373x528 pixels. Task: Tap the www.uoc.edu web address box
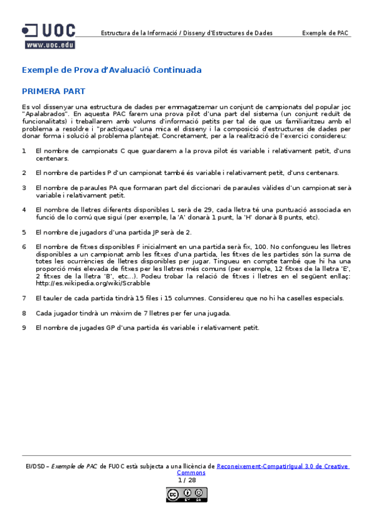50,45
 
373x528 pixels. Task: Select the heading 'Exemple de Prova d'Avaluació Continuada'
111,70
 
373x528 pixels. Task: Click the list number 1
24,151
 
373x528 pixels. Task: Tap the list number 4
24,210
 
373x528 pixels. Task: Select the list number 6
24,247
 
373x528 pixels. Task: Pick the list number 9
24,328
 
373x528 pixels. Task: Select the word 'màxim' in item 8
120,313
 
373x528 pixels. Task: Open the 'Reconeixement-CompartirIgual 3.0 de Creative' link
283,466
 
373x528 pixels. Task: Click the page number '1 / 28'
186,480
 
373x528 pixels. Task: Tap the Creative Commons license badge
186,494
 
